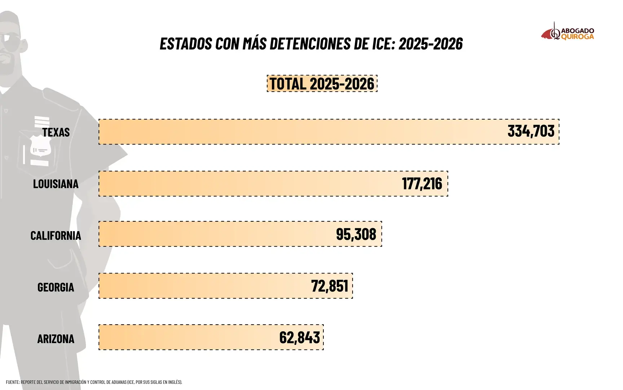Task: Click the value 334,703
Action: click(x=531, y=131)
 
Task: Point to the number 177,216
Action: click(x=422, y=183)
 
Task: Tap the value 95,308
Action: click(x=356, y=234)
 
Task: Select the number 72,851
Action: click(x=330, y=286)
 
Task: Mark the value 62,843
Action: click(x=299, y=338)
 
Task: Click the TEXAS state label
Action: click(x=56, y=132)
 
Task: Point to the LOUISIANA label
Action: click(x=56, y=184)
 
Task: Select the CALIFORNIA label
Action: click(x=56, y=235)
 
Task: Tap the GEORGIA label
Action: click(x=56, y=287)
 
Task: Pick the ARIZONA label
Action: click(x=56, y=339)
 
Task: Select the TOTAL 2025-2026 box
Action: click(x=322, y=83)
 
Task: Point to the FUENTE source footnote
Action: click(x=94, y=382)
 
